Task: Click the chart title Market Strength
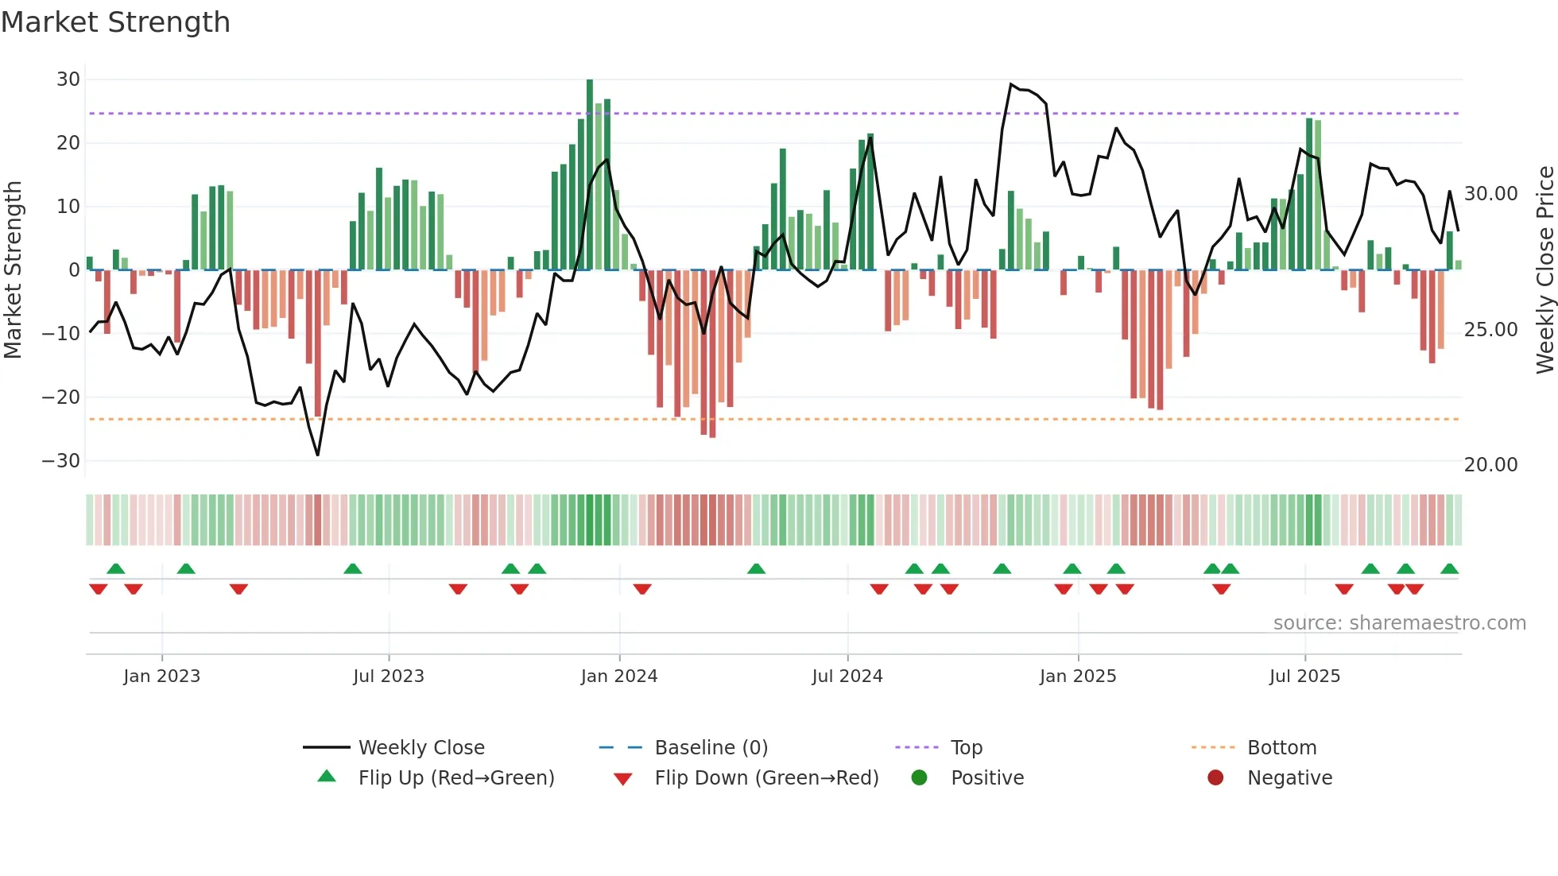pyautogui.click(x=115, y=22)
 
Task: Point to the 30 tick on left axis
pyautogui.click(x=68, y=79)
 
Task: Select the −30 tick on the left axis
pyautogui.click(x=61, y=461)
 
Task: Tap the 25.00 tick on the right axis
pyautogui.click(x=1490, y=330)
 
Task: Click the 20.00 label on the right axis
pyautogui.click(x=1490, y=465)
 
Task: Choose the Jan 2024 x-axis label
pyautogui.click(x=619, y=676)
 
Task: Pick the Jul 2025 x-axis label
pyautogui.click(x=1304, y=676)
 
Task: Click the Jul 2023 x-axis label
pyautogui.click(x=389, y=676)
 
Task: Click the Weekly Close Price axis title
pyautogui.click(x=1544, y=269)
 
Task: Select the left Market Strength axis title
pyautogui.click(x=14, y=269)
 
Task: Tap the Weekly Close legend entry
pyautogui.click(x=421, y=748)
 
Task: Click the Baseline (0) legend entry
pyautogui.click(x=711, y=748)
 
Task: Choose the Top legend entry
pyautogui.click(x=967, y=748)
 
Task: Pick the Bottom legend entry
pyautogui.click(x=1281, y=748)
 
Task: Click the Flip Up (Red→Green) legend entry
pyautogui.click(x=455, y=778)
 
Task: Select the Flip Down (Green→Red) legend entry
pyautogui.click(x=766, y=778)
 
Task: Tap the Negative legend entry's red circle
pyautogui.click(x=1215, y=778)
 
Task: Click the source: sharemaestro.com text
pyautogui.click(x=1399, y=623)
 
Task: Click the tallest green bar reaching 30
pyautogui.click(x=590, y=175)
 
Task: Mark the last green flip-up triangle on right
pyautogui.click(x=1449, y=569)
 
